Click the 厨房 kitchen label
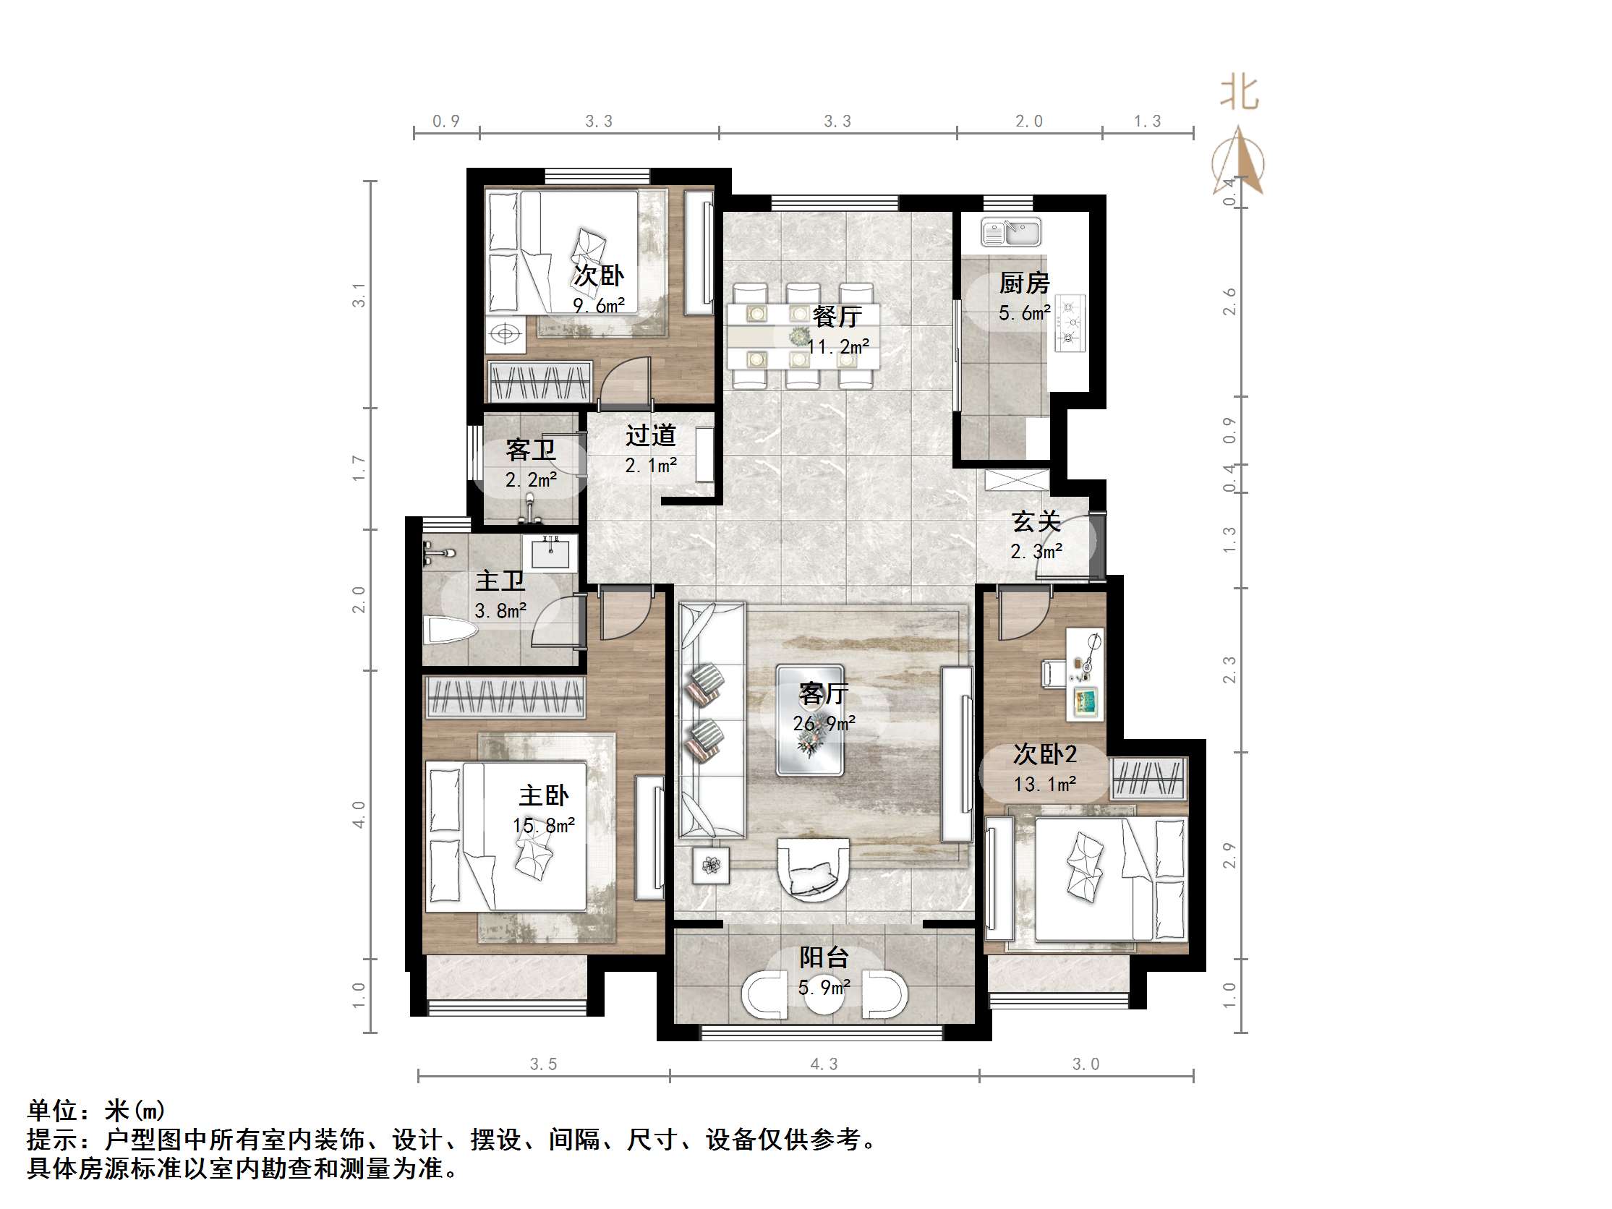[x=1024, y=283]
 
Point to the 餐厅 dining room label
[x=837, y=316]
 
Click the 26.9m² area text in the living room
[x=824, y=724]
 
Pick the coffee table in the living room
[x=810, y=720]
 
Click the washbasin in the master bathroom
[x=550, y=552]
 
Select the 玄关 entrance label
[x=1036, y=522]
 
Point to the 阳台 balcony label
[x=824, y=957]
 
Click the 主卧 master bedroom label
[x=544, y=795]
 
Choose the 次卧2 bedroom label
[x=1045, y=754]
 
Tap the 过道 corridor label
[x=651, y=436]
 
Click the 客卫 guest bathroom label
[x=532, y=450]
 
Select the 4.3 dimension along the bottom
[x=824, y=1064]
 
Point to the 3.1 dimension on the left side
[x=359, y=295]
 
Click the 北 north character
[x=1240, y=94]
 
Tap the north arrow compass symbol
[x=1239, y=162]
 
